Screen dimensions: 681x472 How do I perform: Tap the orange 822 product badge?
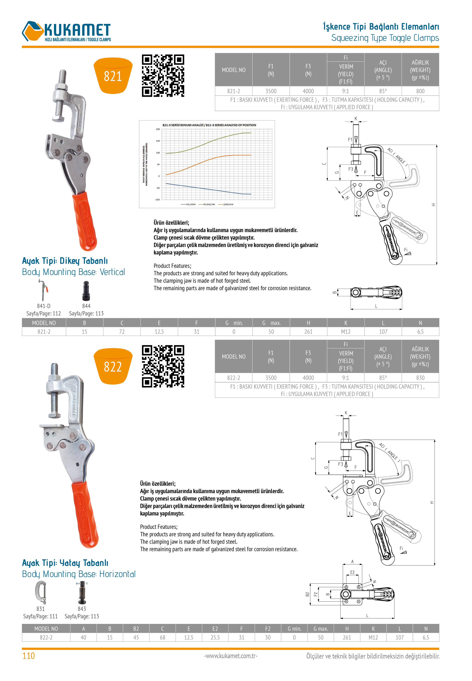pos(113,366)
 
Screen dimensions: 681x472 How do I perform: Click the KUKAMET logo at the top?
pos(67,31)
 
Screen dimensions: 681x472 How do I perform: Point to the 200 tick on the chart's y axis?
pos(158,129)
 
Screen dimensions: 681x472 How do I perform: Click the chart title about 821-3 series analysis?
pos(209,125)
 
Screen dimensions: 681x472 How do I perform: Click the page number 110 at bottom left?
pos(28,656)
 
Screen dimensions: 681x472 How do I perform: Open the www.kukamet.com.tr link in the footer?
pos(231,656)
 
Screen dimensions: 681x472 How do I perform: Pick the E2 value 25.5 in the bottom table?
pos(215,637)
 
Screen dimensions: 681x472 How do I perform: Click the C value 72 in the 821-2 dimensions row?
pos(122,332)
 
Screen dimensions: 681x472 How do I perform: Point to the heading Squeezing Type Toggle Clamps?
pos(385,38)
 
